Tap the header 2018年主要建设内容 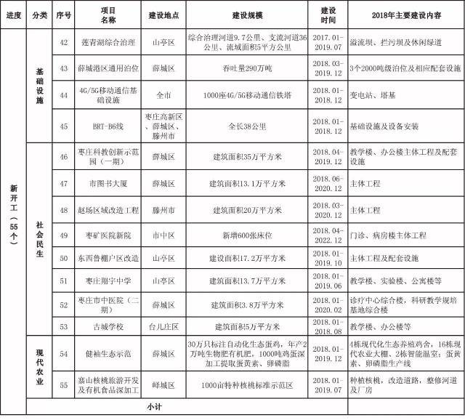(401, 15)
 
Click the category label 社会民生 (40, 234)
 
